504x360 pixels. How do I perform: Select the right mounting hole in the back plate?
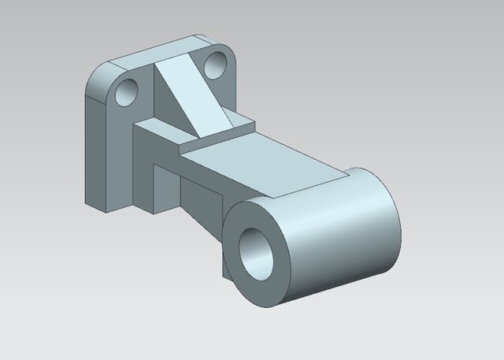tap(214, 65)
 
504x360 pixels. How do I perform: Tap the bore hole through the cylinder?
tap(256, 253)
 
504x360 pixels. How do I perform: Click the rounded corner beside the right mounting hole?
tap(233, 59)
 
